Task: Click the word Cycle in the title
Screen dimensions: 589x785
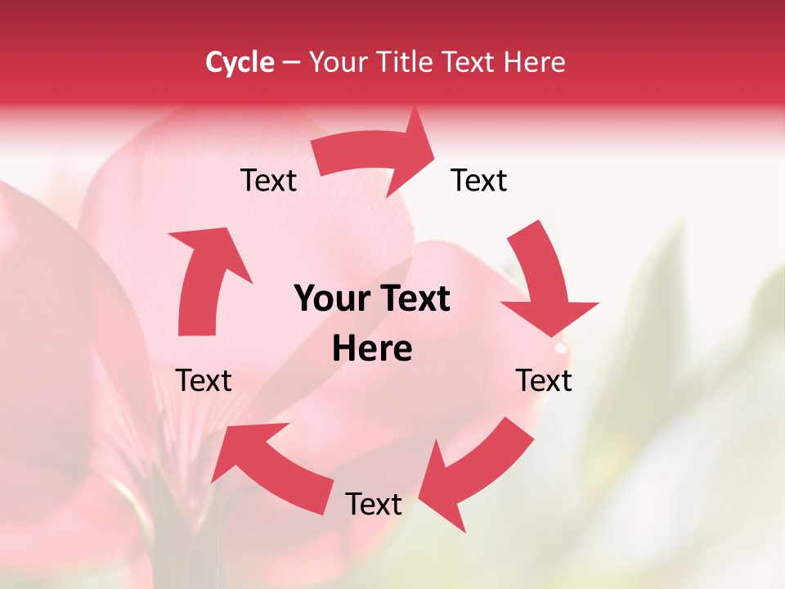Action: pyautogui.click(x=240, y=62)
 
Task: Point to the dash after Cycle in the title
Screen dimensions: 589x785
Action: pyautogui.click(x=291, y=63)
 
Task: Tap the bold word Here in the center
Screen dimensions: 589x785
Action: pyautogui.click(x=372, y=348)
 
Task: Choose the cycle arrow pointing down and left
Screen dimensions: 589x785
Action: pyautogui.click(x=474, y=466)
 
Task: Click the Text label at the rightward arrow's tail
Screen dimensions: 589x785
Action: pyautogui.click(x=268, y=180)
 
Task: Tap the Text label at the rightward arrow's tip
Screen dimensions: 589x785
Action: pyautogui.click(x=479, y=180)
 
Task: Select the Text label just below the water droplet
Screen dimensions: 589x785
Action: pyautogui.click(x=544, y=380)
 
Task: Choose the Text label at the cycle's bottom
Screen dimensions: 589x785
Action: pyautogui.click(x=374, y=504)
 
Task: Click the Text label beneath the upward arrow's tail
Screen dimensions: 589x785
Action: pyautogui.click(x=204, y=380)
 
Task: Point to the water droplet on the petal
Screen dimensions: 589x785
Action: pyautogui.click(x=560, y=348)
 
